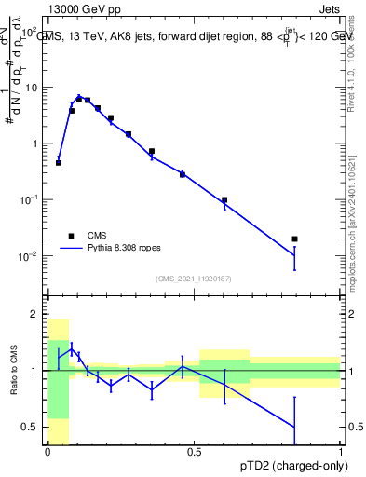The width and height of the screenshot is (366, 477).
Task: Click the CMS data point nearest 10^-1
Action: point(224,200)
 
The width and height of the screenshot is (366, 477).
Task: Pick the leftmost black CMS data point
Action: point(59,163)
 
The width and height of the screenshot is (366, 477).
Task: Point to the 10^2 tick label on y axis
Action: point(29,33)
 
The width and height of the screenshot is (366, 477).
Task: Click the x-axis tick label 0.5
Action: point(194,453)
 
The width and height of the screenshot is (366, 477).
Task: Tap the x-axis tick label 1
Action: point(341,453)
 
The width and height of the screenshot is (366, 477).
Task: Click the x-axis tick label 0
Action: point(47,453)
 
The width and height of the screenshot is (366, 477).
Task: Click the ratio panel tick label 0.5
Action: point(32,428)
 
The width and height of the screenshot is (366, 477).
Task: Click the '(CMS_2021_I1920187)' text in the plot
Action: point(194,279)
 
